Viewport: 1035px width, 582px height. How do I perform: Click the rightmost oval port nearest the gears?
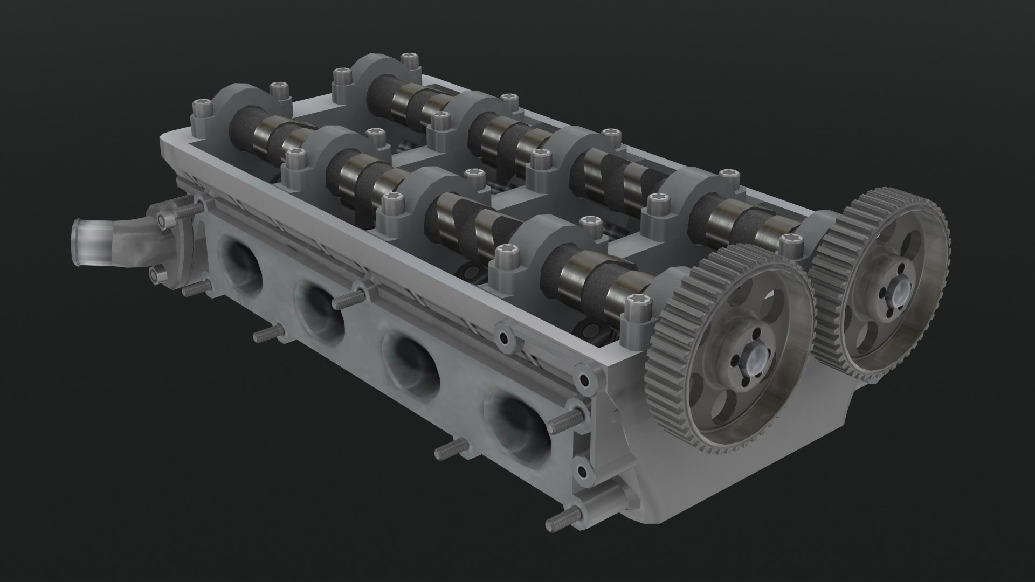pyautogui.click(x=517, y=426)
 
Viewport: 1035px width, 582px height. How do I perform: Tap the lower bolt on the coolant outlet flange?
pyautogui.click(x=156, y=275)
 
